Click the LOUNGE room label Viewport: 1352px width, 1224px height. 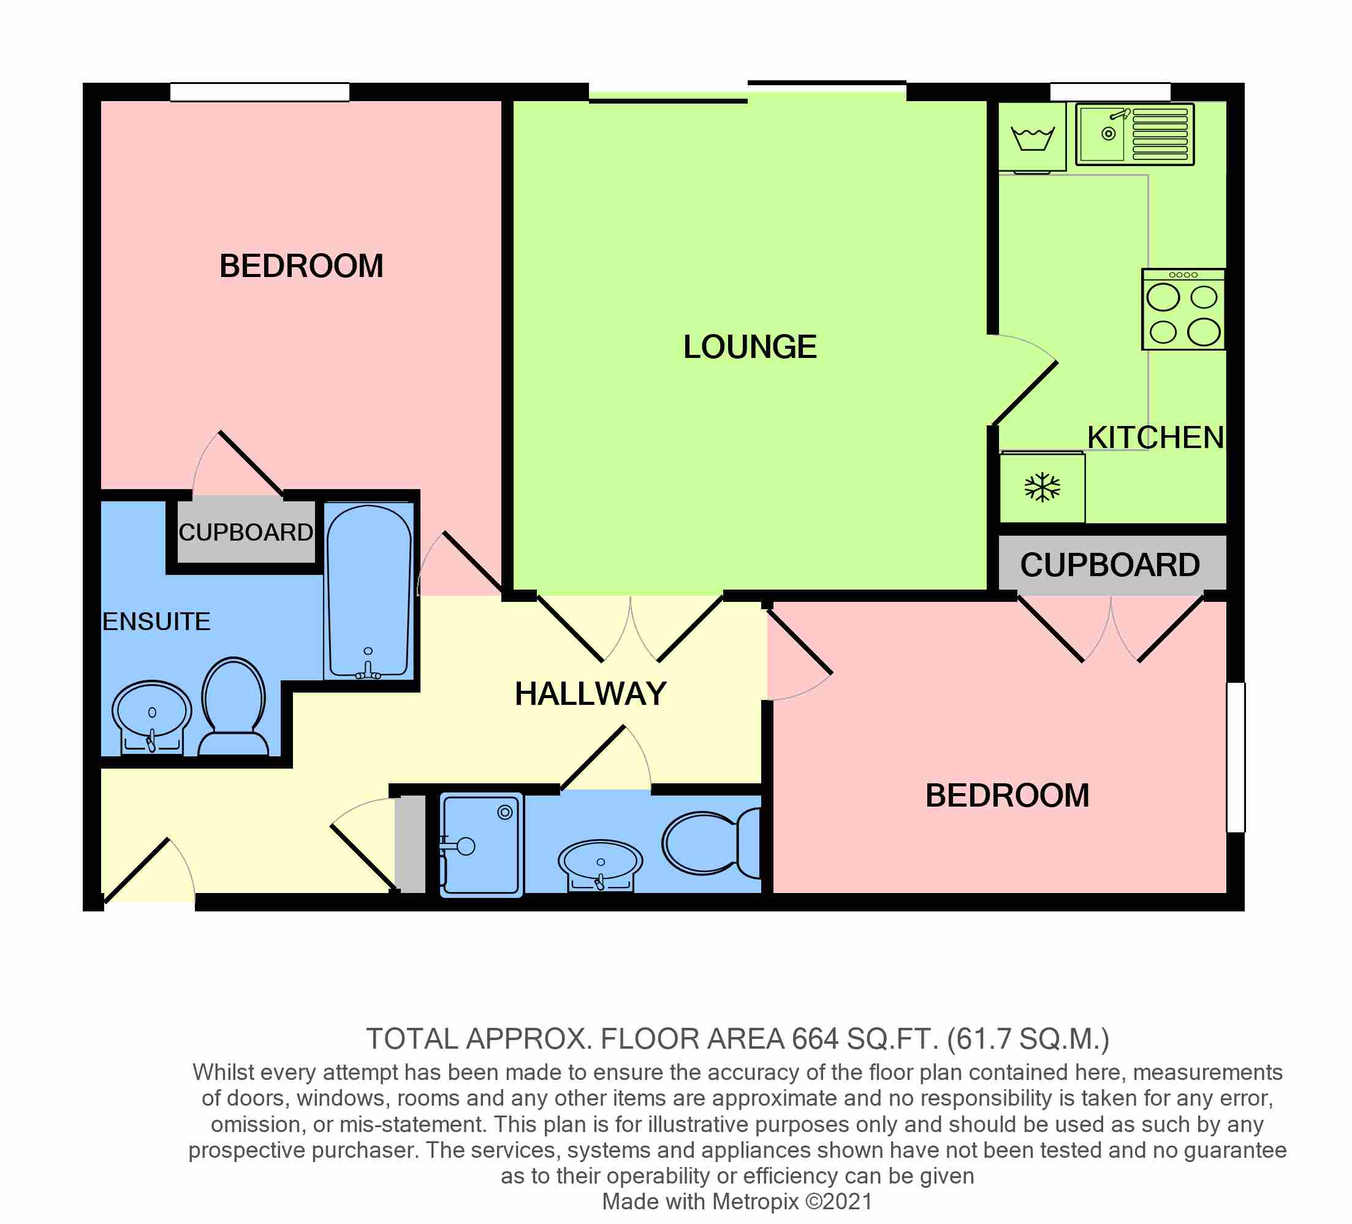point(750,348)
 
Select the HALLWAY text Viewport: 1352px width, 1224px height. point(590,693)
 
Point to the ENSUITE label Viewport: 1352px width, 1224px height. point(156,622)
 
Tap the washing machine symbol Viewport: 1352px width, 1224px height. point(1032,137)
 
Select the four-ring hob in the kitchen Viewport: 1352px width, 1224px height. point(1183,309)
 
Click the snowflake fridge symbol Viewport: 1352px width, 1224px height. point(1042,488)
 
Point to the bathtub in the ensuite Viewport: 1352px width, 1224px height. point(368,592)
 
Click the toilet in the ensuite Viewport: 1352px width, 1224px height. point(234,707)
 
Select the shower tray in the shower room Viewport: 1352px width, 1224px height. point(481,845)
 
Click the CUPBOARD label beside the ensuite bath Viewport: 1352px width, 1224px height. point(245,533)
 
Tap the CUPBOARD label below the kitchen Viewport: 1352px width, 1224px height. point(1110,564)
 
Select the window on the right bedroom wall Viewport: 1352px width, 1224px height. point(1236,757)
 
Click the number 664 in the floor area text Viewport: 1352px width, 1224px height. point(815,1039)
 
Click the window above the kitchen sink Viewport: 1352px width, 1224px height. point(1110,92)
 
